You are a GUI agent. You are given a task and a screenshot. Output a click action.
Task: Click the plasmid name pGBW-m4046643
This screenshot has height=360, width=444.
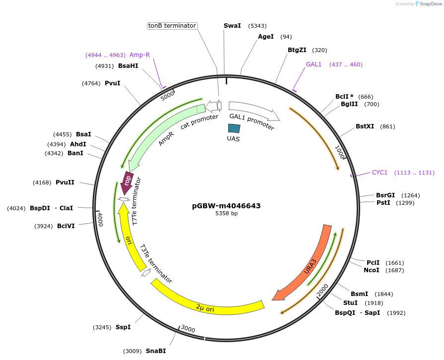pyautogui.click(x=226, y=206)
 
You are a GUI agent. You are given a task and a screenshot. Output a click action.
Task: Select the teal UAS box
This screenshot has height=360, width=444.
pyautogui.click(x=234, y=128)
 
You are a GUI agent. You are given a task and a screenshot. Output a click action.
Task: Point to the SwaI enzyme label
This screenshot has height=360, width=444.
pyautogui.click(x=232, y=25)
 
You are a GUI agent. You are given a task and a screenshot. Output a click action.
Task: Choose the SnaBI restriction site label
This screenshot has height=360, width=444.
pyautogui.click(x=156, y=351)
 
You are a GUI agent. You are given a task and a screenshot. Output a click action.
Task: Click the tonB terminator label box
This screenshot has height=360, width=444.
pyautogui.click(x=173, y=26)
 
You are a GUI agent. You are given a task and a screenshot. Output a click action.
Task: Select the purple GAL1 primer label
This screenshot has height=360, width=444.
pyautogui.click(x=314, y=64)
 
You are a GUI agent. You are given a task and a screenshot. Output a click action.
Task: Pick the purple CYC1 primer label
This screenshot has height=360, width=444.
pyautogui.click(x=380, y=173)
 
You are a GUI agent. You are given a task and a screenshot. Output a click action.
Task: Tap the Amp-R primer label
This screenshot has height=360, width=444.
pyautogui.click(x=139, y=55)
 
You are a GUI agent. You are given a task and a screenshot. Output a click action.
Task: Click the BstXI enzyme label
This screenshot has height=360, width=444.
pyautogui.click(x=365, y=126)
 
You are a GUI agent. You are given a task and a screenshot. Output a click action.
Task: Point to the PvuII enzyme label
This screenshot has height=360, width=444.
pyautogui.click(x=65, y=182)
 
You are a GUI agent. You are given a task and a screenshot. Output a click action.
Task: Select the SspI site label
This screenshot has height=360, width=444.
pyautogui.click(x=123, y=327)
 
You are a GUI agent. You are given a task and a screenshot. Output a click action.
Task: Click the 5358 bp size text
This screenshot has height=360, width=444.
pyautogui.click(x=226, y=214)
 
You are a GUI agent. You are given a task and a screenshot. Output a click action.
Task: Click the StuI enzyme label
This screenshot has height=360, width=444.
pyautogui.click(x=350, y=303)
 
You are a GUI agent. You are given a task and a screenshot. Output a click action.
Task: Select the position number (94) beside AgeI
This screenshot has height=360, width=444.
pyautogui.click(x=286, y=37)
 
